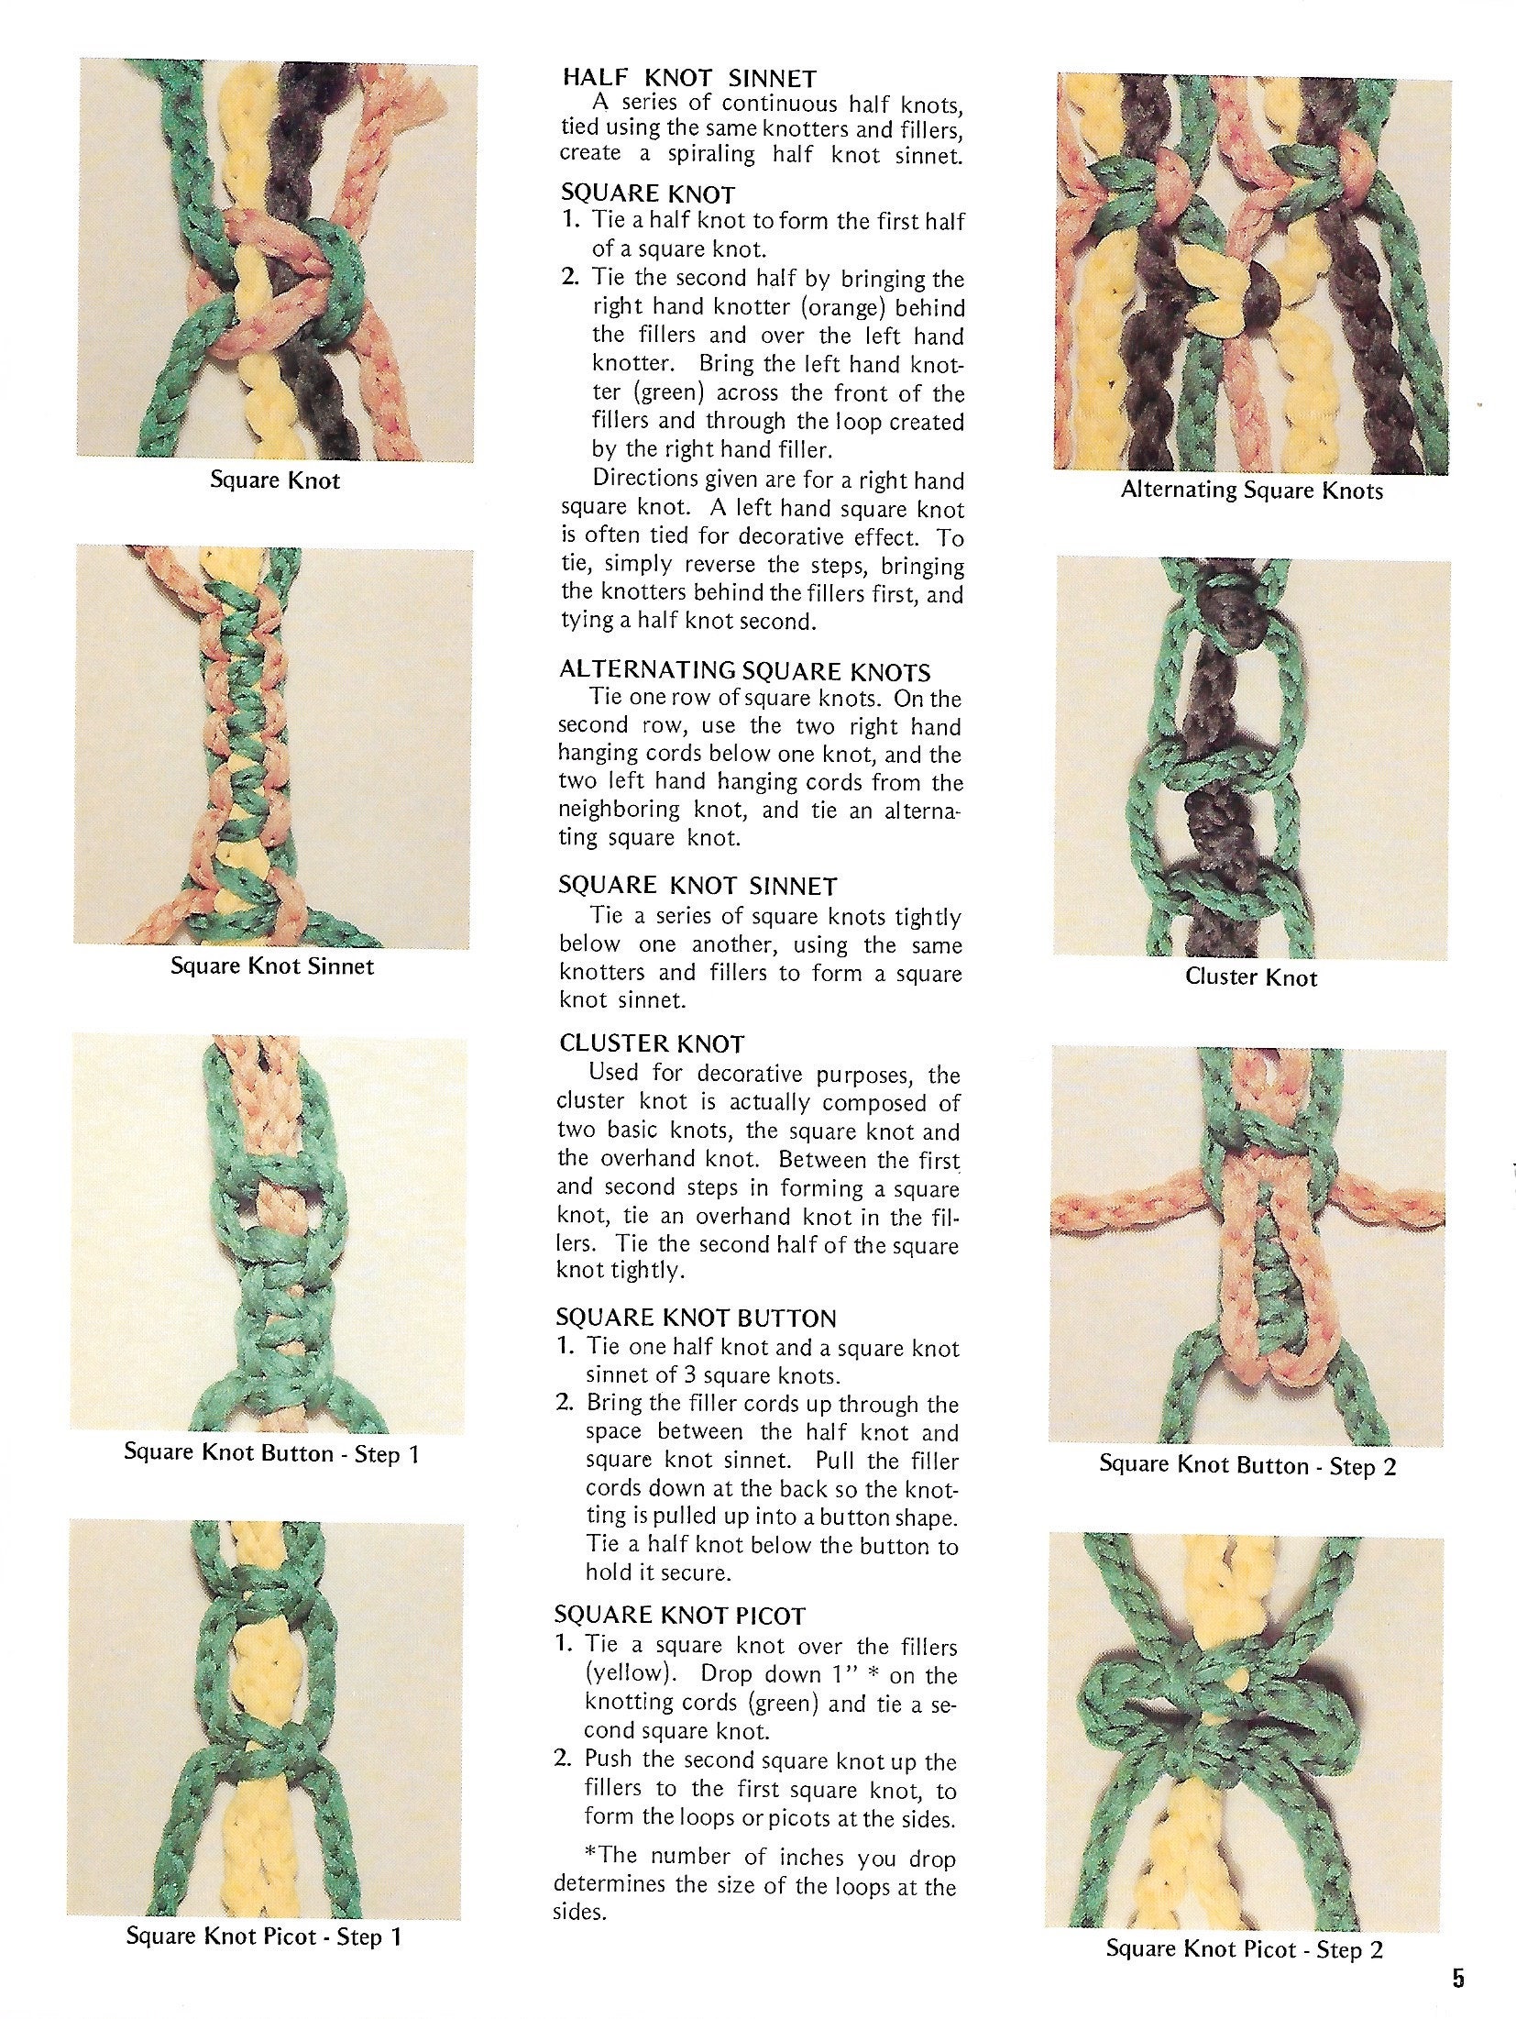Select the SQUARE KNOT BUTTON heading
696,1318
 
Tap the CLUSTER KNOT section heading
652,1043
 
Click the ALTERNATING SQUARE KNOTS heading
744,670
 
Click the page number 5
1458,1971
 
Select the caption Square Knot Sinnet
272,965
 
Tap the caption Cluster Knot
1250,976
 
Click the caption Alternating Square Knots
1251,490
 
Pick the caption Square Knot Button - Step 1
271,1453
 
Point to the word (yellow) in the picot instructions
631,1674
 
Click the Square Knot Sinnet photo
273,747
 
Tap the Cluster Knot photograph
1252,759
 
